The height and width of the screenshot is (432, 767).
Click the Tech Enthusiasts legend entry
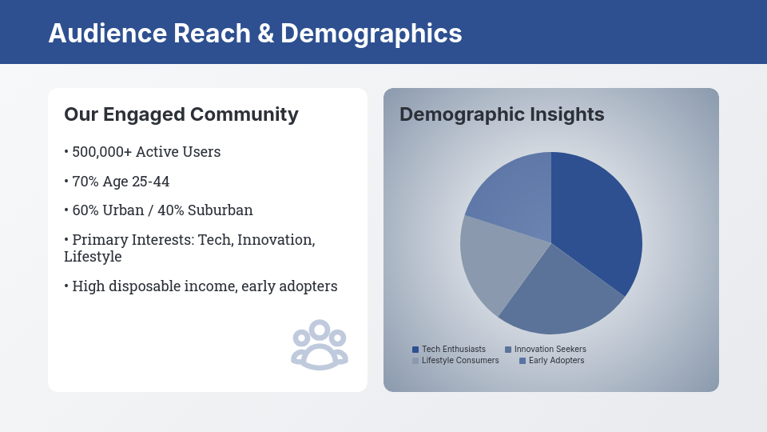point(449,350)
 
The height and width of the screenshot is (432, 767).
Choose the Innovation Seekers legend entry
point(546,350)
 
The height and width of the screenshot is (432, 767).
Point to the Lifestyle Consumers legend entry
point(455,361)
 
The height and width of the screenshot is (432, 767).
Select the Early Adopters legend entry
point(552,361)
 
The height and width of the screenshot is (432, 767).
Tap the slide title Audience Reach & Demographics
point(255,34)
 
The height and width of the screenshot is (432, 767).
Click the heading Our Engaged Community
point(181,114)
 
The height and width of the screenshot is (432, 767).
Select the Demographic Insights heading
point(502,114)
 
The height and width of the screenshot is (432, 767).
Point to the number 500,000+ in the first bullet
point(102,152)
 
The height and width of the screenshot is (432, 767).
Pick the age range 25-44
point(151,182)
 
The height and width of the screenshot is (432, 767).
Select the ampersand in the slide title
point(265,34)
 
